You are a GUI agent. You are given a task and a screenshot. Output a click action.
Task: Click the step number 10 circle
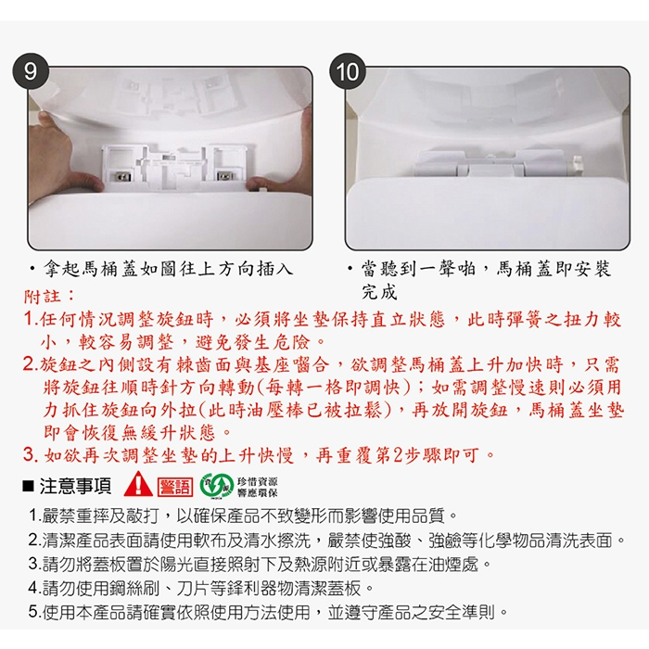tap(348, 71)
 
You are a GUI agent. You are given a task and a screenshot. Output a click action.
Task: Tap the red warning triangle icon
tap(138, 484)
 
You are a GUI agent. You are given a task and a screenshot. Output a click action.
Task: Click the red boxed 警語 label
tap(175, 487)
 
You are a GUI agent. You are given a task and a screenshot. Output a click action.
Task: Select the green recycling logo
tap(216, 486)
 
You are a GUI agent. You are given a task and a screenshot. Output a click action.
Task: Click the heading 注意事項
tap(75, 487)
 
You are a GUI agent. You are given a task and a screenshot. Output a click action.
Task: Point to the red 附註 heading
tap(43, 297)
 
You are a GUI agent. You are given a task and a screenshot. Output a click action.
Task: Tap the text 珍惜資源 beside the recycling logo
tap(257, 482)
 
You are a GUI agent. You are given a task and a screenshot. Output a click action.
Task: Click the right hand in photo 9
tap(282, 159)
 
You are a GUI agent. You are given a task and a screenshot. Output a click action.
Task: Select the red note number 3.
tap(31, 455)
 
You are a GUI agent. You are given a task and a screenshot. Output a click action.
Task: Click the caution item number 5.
tap(35, 611)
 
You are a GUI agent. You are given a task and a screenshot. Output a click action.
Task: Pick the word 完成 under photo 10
tap(379, 292)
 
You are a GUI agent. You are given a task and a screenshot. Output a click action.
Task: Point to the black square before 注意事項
tap(28, 487)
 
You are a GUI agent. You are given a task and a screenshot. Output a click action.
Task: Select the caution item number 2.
tap(35, 540)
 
